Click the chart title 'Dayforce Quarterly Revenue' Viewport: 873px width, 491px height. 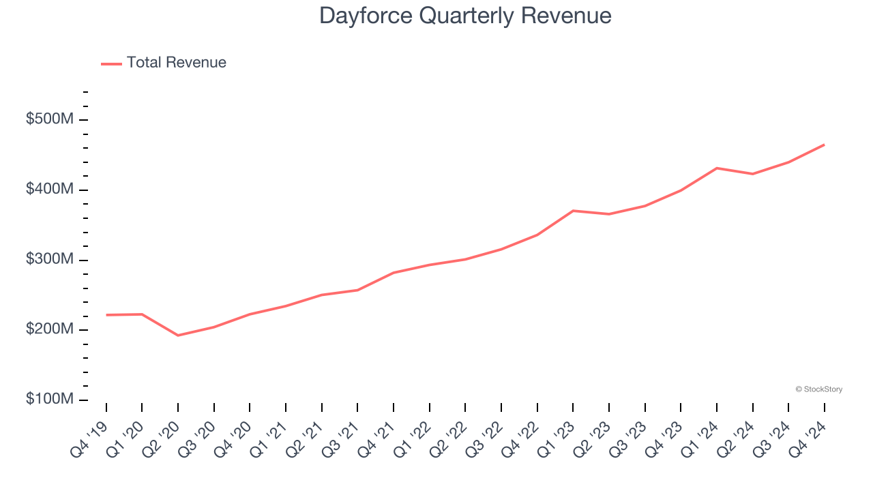point(465,16)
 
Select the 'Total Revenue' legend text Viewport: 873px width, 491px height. point(176,63)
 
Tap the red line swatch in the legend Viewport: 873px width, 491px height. point(111,63)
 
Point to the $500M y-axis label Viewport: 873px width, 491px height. point(49,119)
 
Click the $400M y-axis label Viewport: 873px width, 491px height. point(49,189)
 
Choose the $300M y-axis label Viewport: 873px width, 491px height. point(49,260)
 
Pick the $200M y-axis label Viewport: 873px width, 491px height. point(49,329)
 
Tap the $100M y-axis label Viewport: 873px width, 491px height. point(49,399)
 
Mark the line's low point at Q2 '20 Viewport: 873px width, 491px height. point(178,336)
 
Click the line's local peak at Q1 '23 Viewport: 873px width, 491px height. point(573,211)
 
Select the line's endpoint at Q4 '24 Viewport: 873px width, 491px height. point(824,145)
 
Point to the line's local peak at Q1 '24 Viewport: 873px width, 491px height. point(717,168)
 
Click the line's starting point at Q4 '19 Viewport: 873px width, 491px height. point(106,315)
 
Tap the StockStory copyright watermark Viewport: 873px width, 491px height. point(818,389)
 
